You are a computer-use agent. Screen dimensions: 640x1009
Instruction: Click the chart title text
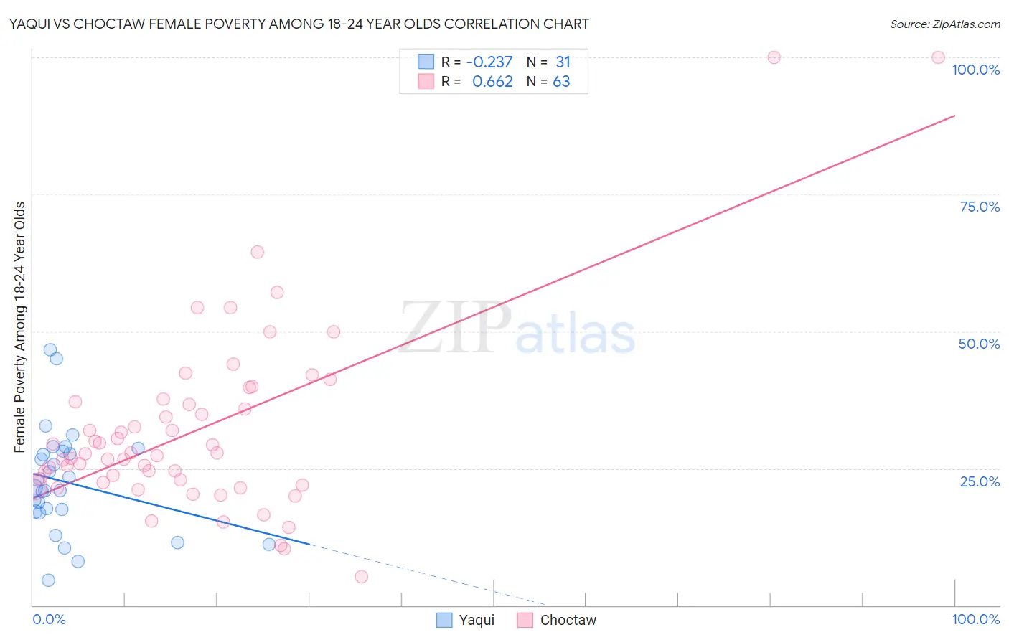click(299, 24)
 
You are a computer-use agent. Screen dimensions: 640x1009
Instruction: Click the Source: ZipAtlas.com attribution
click(944, 24)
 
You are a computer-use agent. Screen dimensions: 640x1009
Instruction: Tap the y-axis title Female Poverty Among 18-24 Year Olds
click(19, 327)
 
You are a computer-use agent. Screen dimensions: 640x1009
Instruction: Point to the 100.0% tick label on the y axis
click(975, 70)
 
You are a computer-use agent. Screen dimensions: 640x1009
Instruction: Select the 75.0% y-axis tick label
click(980, 207)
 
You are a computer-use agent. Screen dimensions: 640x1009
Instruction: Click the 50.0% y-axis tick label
click(979, 344)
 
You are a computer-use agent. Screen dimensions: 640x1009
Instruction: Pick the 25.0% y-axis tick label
click(980, 481)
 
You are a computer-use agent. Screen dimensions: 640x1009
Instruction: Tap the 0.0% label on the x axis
click(49, 619)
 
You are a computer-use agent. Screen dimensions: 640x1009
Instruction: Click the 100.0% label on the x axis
click(975, 619)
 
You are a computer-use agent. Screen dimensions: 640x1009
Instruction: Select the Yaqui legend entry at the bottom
click(466, 620)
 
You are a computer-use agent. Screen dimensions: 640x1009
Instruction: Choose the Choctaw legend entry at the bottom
click(557, 620)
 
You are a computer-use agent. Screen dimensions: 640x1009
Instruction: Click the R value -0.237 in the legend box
click(489, 62)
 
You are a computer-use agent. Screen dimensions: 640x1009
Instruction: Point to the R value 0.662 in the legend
click(492, 82)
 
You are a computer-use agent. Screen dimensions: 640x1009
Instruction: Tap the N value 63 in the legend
click(561, 82)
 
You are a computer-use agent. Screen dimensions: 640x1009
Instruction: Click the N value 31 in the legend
click(563, 62)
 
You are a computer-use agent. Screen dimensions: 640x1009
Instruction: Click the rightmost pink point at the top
click(938, 57)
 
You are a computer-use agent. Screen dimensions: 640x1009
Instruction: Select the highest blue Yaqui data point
click(50, 349)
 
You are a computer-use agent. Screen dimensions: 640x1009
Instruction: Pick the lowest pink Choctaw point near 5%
click(362, 577)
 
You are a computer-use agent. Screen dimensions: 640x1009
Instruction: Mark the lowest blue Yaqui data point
click(48, 580)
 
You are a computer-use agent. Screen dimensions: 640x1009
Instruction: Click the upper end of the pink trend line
click(954, 115)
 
